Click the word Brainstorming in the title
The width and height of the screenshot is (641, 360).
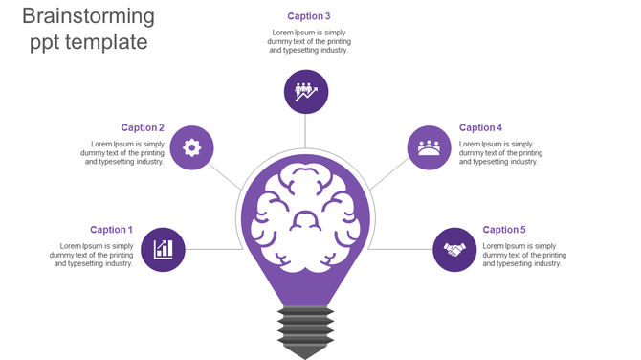[x=88, y=16]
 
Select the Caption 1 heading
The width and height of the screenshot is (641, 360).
[x=111, y=230]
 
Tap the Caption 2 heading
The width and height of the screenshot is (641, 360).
[x=143, y=127]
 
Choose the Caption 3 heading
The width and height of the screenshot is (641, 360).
[x=308, y=16]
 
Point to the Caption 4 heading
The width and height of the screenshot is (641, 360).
[x=480, y=127]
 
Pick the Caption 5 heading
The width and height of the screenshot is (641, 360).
[x=504, y=230]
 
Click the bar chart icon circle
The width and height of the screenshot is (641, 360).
[x=163, y=250]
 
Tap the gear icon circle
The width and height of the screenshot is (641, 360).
[x=191, y=147]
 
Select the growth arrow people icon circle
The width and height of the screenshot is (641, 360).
[x=306, y=92]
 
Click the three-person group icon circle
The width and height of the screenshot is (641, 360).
[x=429, y=147]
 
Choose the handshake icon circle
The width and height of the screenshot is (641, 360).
[x=454, y=250]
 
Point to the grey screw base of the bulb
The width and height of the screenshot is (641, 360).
[x=305, y=326]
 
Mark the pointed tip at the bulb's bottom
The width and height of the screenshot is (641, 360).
[x=305, y=354]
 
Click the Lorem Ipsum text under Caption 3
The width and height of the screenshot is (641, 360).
[x=308, y=41]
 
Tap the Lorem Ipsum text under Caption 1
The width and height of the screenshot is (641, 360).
[x=92, y=255]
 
